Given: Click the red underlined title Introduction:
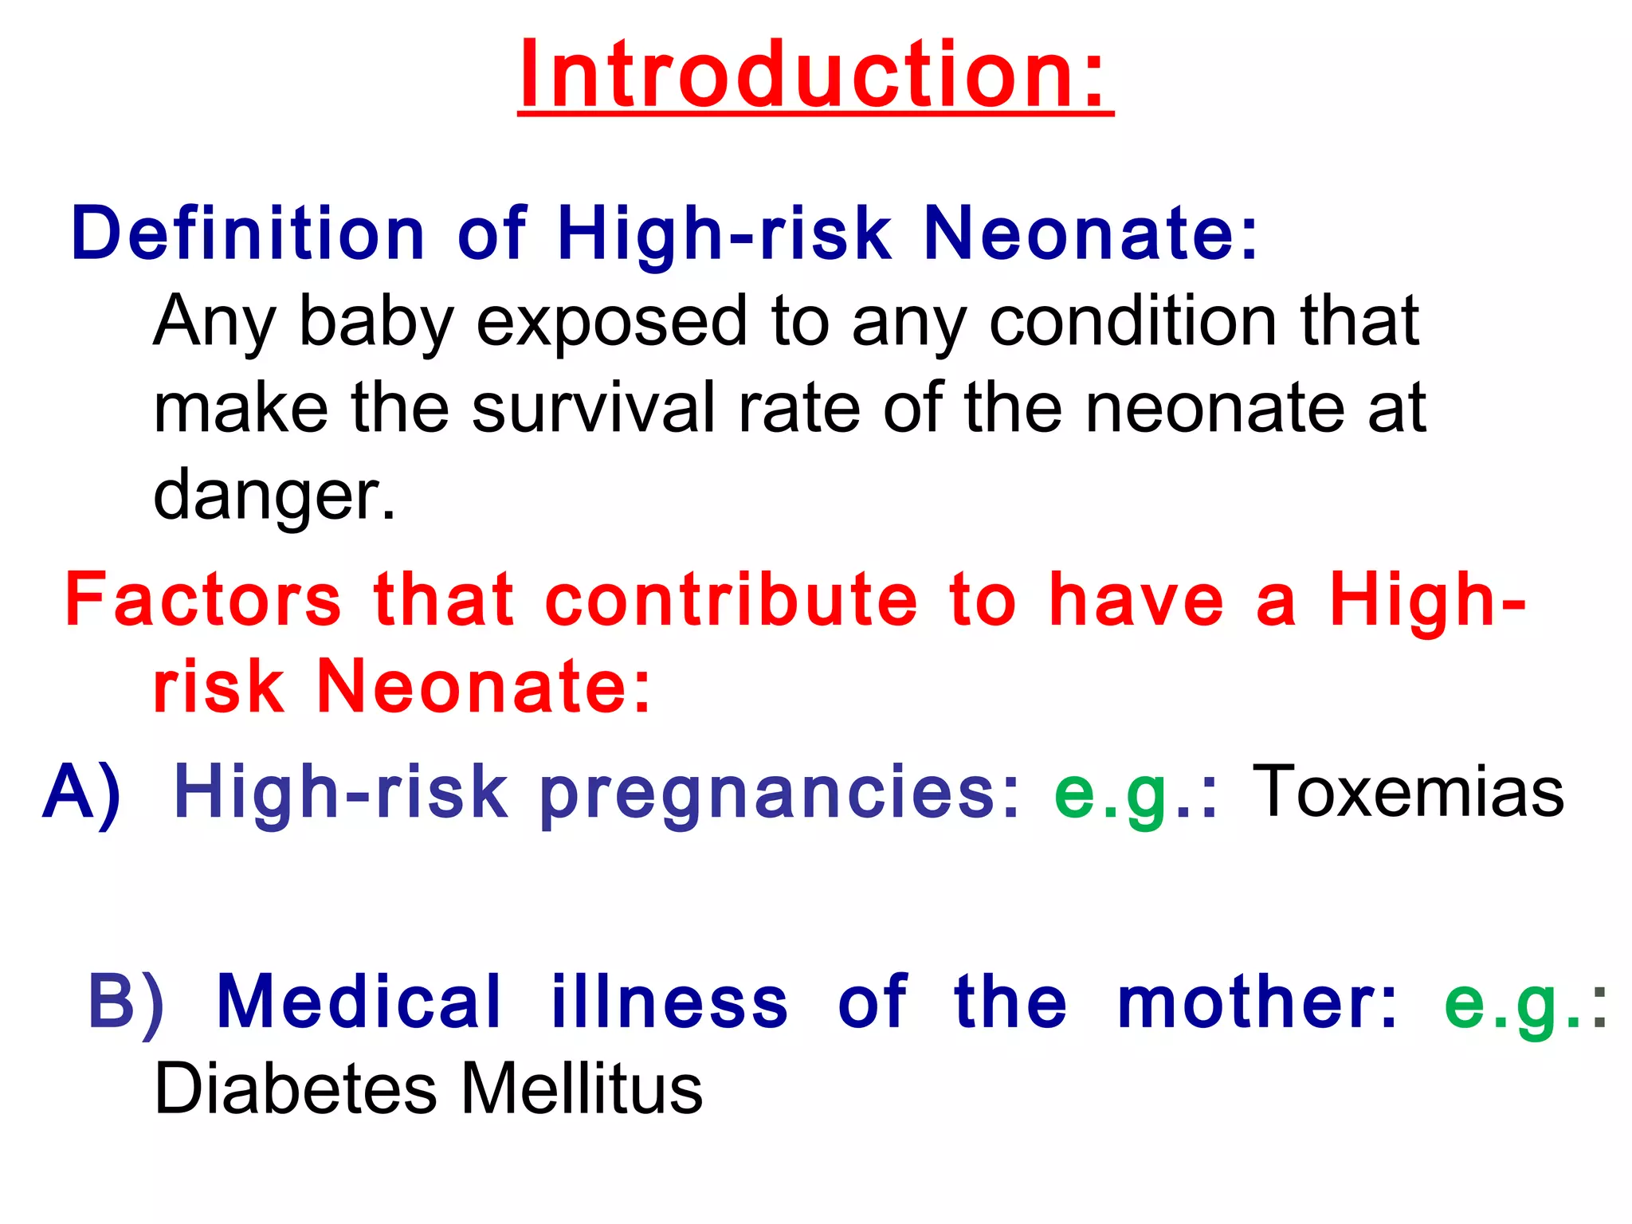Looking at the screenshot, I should coord(814,76).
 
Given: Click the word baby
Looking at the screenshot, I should coord(375,324).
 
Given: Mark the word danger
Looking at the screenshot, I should coord(273,496).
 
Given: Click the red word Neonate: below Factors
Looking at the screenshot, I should coord(484,686).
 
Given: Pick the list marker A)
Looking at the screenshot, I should coord(83,792).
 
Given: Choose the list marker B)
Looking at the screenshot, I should coord(126,1002).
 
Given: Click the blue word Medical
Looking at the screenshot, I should coord(359,1002).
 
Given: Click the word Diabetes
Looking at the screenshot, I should coord(295,1089).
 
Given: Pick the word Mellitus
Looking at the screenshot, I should coord(582,1089).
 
